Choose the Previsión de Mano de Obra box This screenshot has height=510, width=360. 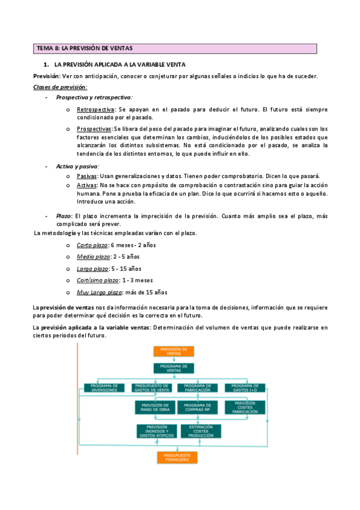pyautogui.click(x=154, y=408)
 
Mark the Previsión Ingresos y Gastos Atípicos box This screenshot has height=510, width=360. pyautogui.click(x=156, y=431)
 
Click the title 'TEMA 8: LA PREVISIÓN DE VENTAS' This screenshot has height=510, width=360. pyautogui.click(x=85, y=48)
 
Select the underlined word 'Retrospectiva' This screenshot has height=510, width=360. pyautogui.click(x=96, y=109)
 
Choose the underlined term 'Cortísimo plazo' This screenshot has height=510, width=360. pyautogui.click(x=98, y=280)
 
